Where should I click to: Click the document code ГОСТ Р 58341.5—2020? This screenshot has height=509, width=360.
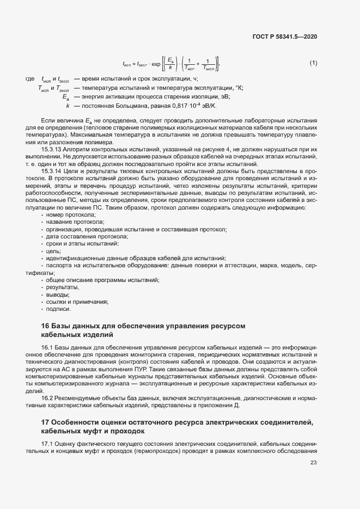[x=284, y=36]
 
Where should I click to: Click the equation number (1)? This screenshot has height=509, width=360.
[x=313, y=63]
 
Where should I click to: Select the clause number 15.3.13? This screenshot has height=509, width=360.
[x=52, y=149]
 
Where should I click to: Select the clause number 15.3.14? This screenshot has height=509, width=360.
[x=52, y=170]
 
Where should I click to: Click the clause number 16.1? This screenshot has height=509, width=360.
[x=47, y=347]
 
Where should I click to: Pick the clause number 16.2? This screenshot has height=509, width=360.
[x=47, y=398]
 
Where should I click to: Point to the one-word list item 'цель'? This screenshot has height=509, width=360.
[x=53, y=251]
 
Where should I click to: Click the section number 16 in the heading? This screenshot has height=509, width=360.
[x=45, y=326]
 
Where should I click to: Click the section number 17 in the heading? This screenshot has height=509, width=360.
[x=45, y=422]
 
